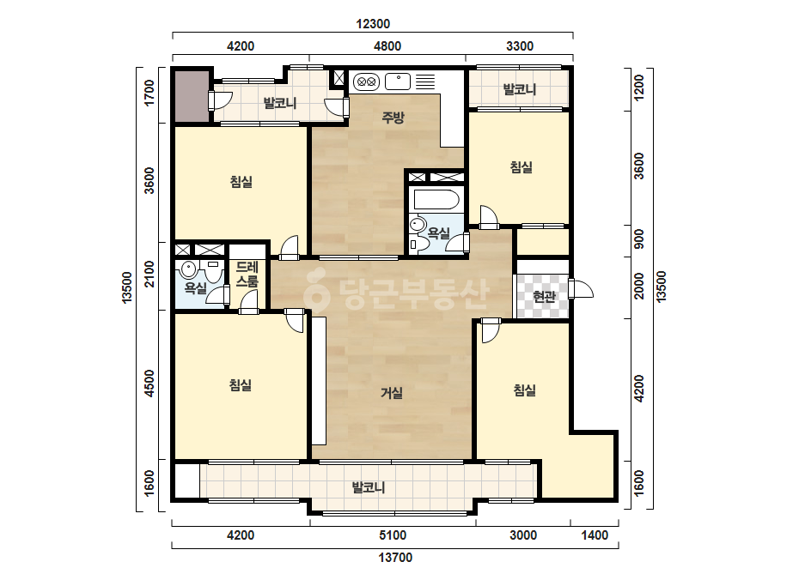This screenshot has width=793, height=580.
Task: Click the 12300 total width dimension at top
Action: tap(373, 24)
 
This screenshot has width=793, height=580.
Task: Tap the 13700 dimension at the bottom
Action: tap(395, 558)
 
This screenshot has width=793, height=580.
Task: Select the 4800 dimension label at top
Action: tap(387, 46)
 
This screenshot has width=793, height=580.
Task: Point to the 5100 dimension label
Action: tap(393, 535)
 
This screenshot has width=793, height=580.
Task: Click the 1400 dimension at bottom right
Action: tap(595, 535)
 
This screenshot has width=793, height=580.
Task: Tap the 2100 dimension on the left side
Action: tap(149, 274)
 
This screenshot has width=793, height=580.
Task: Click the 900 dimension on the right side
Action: tap(639, 239)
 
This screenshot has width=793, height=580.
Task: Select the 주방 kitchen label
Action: tap(393, 118)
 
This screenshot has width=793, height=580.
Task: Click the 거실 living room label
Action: tap(392, 393)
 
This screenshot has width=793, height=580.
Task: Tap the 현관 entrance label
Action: tap(544, 296)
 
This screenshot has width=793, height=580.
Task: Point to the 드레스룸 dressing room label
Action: tap(247, 274)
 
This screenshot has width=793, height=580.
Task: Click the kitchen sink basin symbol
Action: tap(398, 82)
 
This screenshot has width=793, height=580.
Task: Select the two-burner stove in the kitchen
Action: tap(366, 81)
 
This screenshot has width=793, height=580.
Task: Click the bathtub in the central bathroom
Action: tap(437, 199)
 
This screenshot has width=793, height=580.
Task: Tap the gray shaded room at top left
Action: tap(192, 96)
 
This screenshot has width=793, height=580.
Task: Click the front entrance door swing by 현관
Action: tap(582, 289)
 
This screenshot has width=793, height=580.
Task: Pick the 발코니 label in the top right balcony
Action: tap(520, 89)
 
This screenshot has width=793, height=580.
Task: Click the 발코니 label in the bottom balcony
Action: tap(369, 487)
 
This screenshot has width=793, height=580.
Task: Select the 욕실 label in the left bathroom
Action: tap(195, 288)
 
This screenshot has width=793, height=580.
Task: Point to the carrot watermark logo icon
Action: tap(316, 292)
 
